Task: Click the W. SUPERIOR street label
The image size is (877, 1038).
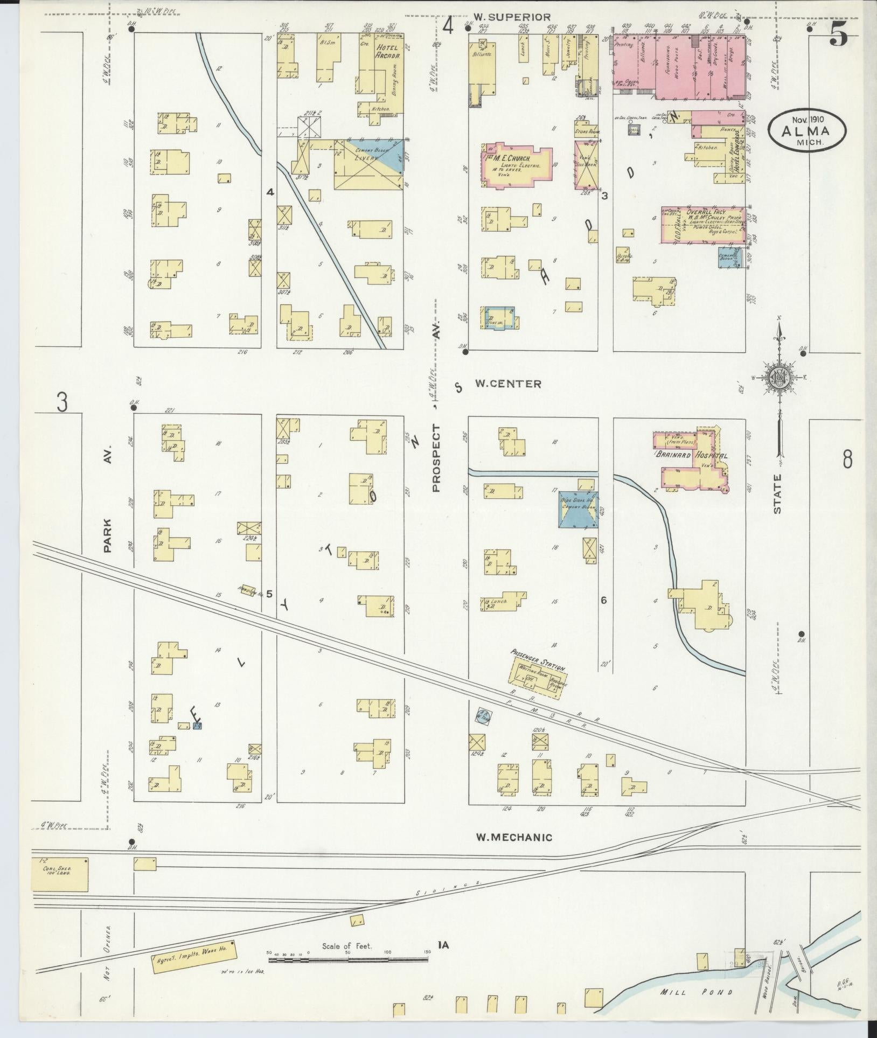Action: pyautogui.click(x=512, y=18)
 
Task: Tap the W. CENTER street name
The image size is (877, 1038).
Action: pyautogui.click(x=507, y=384)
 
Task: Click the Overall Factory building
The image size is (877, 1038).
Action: pyautogui.click(x=703, y=224)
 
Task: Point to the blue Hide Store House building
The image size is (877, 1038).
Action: pyautogui.click(x=579, y=509)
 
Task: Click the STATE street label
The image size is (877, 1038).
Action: pyautogui.click(x=778, y=494)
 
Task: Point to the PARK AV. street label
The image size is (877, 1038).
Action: pyautogui.click(x=107, y=536)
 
